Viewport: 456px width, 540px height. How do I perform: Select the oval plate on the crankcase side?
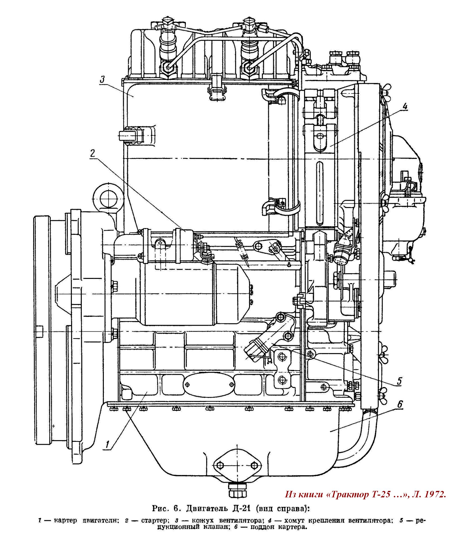[209, 384]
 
